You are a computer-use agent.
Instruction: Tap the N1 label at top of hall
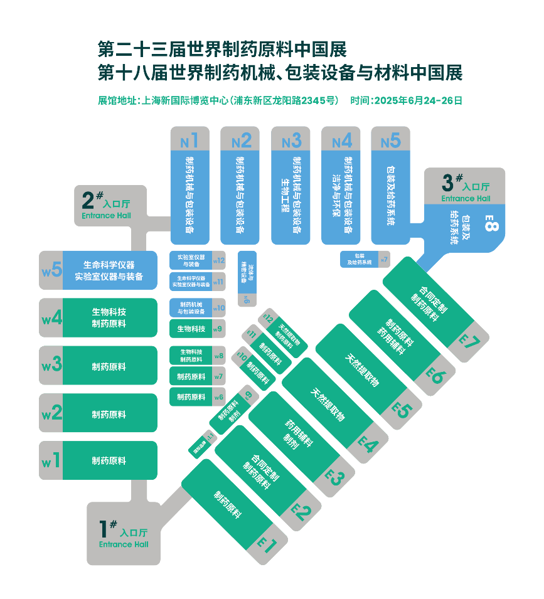click(x=189, y=140)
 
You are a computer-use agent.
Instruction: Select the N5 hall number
click(x=390, y=140)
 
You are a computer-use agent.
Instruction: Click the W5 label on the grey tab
click(x=51, y=270)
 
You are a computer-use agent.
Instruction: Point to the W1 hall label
click(x=51, y=461)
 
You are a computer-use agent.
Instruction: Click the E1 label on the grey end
click(x=265, y=543)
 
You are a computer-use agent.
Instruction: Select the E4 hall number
click(x=368, y=443)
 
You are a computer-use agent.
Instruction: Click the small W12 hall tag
click(x=218, y=260)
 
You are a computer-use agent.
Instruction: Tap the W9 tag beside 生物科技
click(x=218, y=329)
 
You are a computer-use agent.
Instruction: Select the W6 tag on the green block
click(x=218, y=397)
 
